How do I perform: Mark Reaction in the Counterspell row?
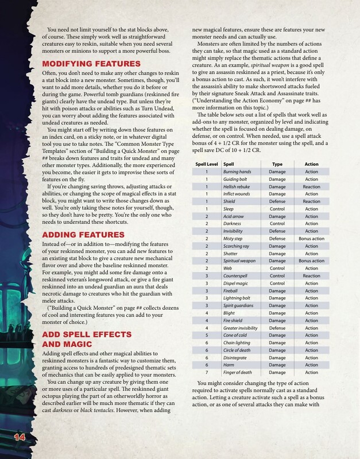(x=312, y=276)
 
